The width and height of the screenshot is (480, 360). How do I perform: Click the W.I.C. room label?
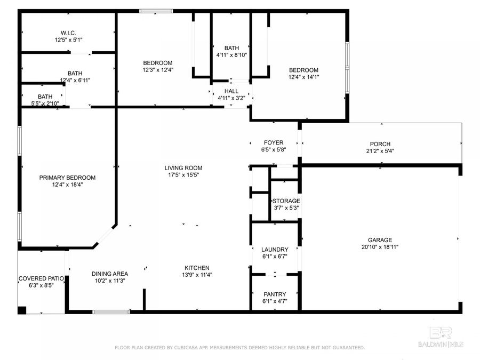(x=68, y=32)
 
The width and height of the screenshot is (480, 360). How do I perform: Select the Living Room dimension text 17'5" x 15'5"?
(x=183, y=175)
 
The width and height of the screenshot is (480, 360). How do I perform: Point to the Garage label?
(x=380, y=240)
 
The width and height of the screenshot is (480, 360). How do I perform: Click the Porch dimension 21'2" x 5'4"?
(x=380, y=151)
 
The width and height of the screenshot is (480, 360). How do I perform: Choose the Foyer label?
(x=274, y=142)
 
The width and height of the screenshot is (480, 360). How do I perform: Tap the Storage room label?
(x=286, y=201)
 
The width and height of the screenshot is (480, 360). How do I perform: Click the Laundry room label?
(x=275, y=250)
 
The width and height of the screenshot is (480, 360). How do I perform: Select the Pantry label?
(x=275, y=294)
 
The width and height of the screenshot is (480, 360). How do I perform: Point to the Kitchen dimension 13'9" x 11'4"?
(x=197, y=275)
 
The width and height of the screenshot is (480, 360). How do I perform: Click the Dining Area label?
(x=109, y=274)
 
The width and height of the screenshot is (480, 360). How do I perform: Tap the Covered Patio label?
(x=41, y=278)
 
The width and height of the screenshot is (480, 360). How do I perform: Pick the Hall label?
(x=231, y=91)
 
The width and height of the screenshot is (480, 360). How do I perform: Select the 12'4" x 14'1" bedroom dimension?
(x=303, y=77)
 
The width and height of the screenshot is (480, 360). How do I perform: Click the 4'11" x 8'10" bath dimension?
(x=231, y=55)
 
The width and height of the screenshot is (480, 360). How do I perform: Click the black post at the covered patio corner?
(x=22, y=310)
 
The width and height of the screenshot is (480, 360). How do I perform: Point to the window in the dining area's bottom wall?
(x=110, y=311)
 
